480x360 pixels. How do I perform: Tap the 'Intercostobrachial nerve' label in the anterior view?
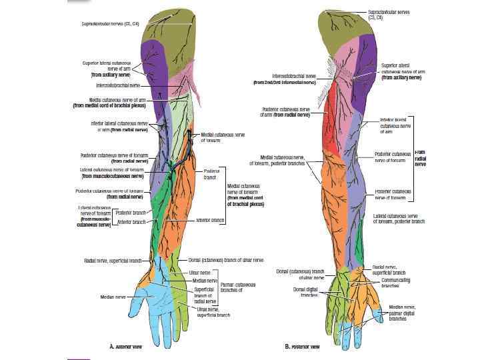tap(118, 85)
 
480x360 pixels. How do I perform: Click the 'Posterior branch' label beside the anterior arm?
tap(131, 213)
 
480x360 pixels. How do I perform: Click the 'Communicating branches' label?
tap(392, 283)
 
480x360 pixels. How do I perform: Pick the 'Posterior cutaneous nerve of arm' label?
tap(287, 111)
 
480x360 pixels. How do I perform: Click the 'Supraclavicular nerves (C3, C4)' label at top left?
tap(110, 23)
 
